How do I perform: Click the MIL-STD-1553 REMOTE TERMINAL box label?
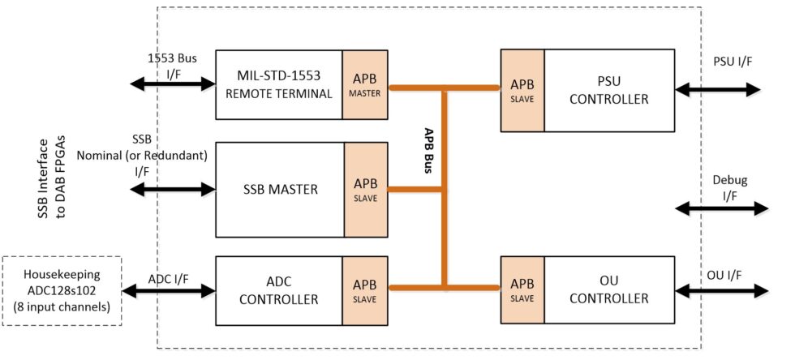click(x=279, y=84)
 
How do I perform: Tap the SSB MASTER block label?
click(x=280, y=190)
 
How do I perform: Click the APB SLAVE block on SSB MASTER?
click(x=367, y=190)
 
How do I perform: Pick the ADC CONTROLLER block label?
click(x=280, y=290)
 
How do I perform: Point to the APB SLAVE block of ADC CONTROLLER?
click(x=366, y=290)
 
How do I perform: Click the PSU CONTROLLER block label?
click(x=609, y=91)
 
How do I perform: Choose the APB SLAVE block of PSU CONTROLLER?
click(x=522, y=91)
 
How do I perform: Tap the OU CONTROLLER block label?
click(x=609, y=289)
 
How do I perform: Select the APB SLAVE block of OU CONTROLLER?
click(x=522, y=289)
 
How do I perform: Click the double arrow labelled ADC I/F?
click(x=170, y=288)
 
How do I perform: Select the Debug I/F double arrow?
click(x=721, y=208)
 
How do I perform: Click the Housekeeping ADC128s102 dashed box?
click(x=63, y=291)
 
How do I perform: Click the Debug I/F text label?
click(x=729, y=186)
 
